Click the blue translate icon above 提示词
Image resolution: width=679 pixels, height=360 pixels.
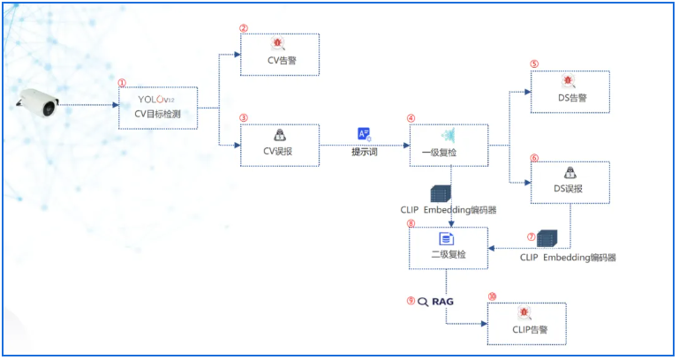pos(364,134)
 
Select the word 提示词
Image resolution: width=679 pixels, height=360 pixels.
pos(365,151)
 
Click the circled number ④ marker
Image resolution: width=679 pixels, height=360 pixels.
pos(411,117)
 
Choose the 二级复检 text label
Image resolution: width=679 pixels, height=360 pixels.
pos(447,255)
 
